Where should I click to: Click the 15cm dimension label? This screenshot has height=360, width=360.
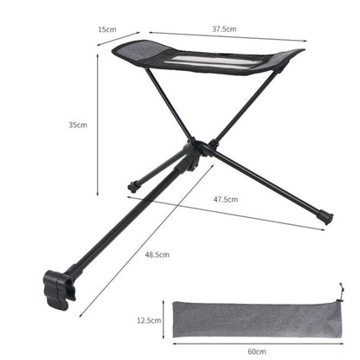point(107,29)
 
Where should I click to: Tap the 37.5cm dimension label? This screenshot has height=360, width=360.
point(224,29)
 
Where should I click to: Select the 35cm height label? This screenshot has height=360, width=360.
point(78,125)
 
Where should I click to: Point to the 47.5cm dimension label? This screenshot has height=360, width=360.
point(226,199)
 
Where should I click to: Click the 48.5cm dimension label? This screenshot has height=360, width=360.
point(157,254)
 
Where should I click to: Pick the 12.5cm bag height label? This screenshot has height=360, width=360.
point(149,320)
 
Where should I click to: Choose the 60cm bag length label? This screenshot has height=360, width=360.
point(257,351)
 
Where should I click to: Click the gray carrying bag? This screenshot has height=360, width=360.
point(257,319)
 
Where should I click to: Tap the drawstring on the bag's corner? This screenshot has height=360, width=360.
point(341,292)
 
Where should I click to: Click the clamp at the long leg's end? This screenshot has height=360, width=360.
point(59,290)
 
